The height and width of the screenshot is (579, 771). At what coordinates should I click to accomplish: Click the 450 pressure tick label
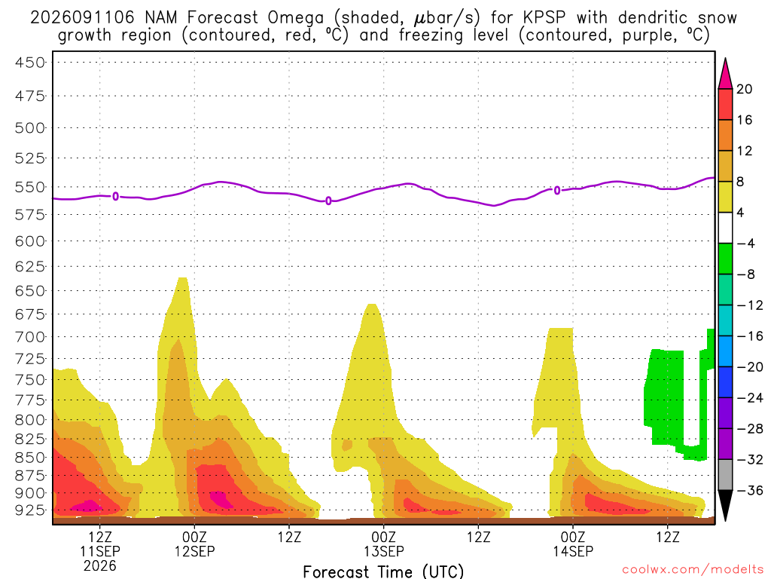click(29, 63)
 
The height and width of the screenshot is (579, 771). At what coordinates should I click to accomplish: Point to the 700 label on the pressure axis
click(29, 338)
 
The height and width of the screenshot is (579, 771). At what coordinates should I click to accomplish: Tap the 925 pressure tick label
click(29, 510)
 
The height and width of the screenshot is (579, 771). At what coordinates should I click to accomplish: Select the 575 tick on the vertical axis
click(29, 215)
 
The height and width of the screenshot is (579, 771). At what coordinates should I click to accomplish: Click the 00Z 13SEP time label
click(383, 544)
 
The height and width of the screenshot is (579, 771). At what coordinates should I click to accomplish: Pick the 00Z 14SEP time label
click(573, 544)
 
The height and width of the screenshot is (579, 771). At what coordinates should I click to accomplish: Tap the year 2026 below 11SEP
click(100, 565)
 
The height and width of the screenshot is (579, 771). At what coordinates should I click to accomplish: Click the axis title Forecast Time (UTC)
click(383, 571)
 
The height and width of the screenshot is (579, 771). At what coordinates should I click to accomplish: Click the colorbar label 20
click(745, 89)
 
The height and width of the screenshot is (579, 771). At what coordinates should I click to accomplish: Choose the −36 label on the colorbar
click(750, 490)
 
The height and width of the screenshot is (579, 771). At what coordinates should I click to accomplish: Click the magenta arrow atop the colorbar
click(725, 74)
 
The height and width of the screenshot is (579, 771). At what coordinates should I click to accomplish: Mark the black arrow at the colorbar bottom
click(725, 505)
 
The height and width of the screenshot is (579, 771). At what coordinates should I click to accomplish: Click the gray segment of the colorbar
click(725, 475)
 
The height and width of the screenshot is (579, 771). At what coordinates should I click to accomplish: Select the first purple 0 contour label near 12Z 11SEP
click(115, 197)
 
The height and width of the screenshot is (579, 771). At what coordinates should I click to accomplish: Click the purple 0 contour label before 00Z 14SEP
click(556, 191)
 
